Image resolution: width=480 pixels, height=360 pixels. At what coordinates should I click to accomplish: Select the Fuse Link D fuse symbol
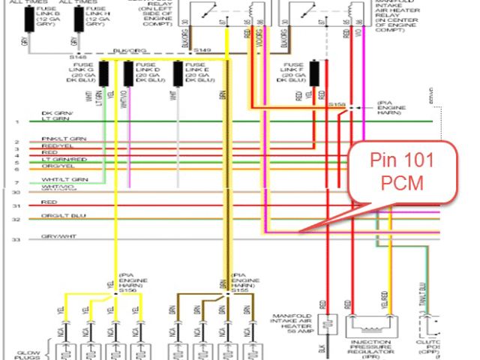pos(129,73)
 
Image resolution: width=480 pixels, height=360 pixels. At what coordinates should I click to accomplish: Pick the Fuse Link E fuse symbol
pos(179,73)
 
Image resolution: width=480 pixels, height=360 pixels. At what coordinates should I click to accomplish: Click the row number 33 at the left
pos(16,238)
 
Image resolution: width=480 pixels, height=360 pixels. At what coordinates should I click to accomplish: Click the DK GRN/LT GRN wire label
pos(57,116)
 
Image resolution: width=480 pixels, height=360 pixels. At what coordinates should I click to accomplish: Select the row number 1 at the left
pos(16,121)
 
